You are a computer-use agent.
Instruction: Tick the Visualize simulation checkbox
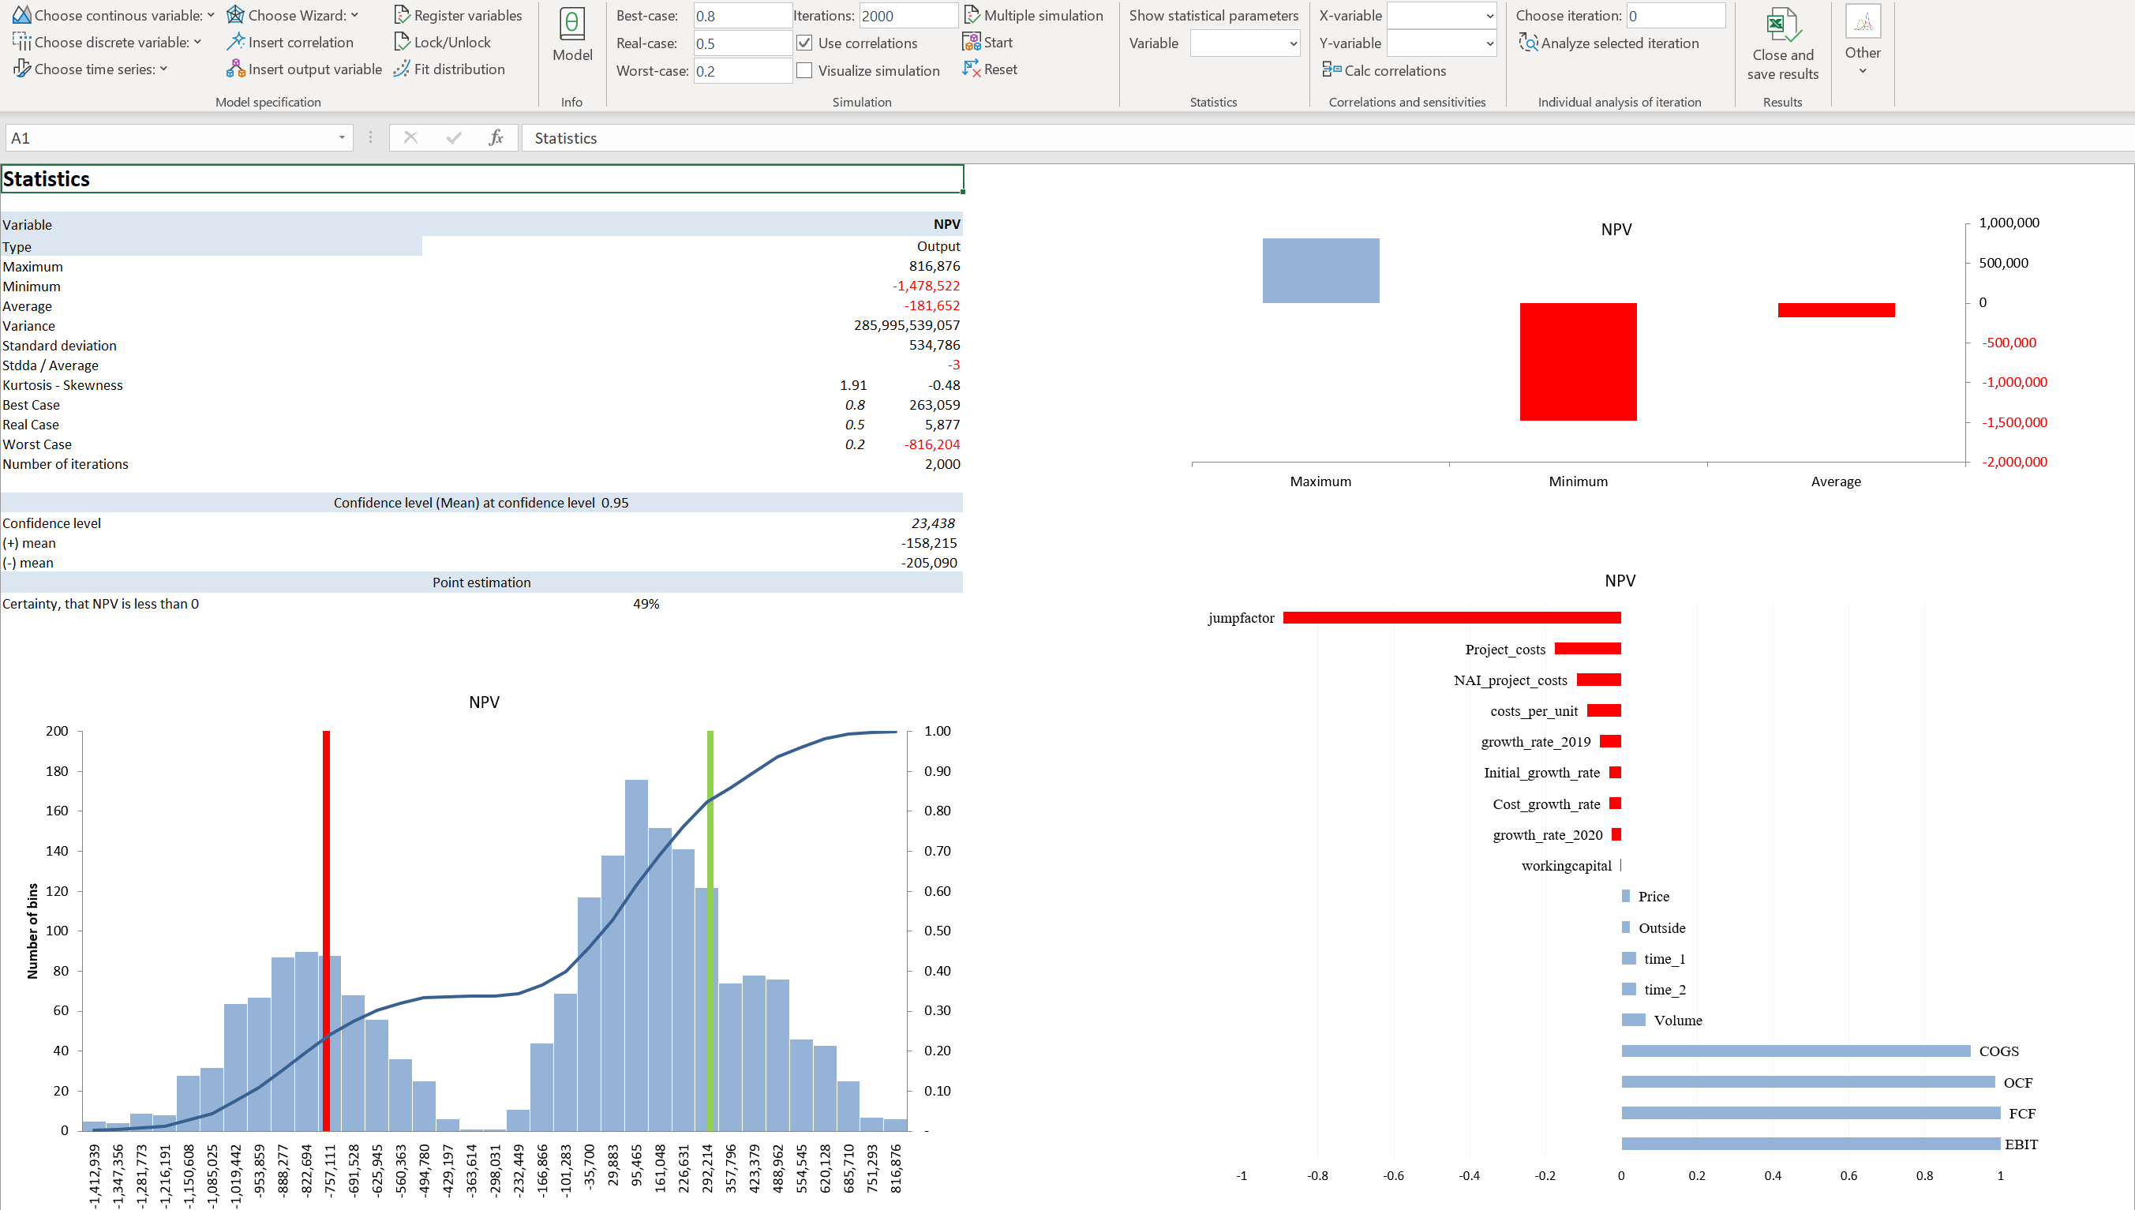tap(804, 70)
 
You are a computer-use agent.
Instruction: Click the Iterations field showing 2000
tap(907, 16)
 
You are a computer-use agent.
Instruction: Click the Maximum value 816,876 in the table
tap(934, 266)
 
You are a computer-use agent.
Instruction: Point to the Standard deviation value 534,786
tap(934, 345)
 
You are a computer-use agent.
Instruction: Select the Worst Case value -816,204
tap(931, 444)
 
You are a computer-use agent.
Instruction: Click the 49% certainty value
tap(646, 604)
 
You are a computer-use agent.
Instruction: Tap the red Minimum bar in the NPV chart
tap(1578, 362)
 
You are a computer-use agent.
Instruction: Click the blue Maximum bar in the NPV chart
tap(1320, 271)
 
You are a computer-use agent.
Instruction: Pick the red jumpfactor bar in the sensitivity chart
tap(1451, 617)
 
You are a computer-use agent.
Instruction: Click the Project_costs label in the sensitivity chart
tap(1504, 649)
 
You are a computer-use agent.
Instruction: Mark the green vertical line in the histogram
tap(710, 931)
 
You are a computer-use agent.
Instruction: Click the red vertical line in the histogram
tap(327, 931)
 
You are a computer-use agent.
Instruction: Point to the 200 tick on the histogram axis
tap(58, 732)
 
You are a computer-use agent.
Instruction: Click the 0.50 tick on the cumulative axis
tap(937, 931)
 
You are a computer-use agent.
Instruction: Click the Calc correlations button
tap(1385, 70)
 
